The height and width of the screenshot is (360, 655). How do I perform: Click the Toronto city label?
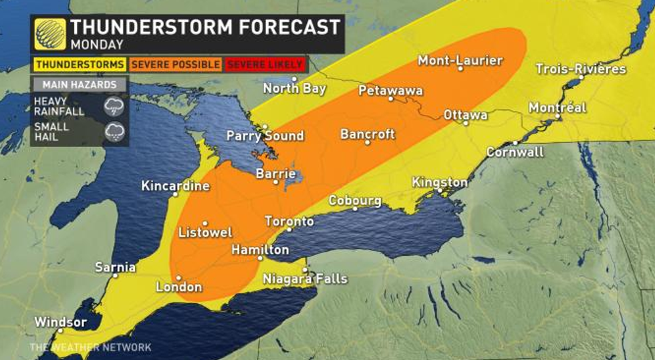click(x=289, y=221)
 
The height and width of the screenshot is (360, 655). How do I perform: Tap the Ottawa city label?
click(x=465, y=115)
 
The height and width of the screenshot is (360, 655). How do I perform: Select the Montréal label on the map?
click(x=557, y=108)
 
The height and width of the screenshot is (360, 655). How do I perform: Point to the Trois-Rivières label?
click(x=580, y=69)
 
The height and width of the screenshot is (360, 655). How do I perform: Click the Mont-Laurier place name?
click(x=460, y=61)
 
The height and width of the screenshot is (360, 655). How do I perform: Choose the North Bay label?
click(x=294, y=87)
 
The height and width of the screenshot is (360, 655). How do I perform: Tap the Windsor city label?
click(x=60, y=322)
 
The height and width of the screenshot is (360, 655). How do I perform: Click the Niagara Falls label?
click(x=305, y=278)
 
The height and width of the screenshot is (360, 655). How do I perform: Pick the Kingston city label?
click(x=439, y=182)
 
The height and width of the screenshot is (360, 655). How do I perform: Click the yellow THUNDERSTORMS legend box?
click(x=80, y=65)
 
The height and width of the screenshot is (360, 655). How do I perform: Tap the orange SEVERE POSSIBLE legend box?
click(x=176, y=65)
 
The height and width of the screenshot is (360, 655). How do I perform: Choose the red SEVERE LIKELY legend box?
click(x=265, y=65)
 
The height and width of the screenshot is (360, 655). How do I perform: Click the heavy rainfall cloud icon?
click(x=114, y=106)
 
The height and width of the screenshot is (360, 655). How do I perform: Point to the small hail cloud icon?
click(x=114, y=132)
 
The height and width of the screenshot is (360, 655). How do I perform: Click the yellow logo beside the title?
click(x=50, y=34)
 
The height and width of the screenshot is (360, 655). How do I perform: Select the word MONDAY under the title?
click(x=97, y=45)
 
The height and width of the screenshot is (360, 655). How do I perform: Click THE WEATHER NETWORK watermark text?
click(x=90, y=347)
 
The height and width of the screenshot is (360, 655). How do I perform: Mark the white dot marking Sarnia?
click(x=115, y=275)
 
